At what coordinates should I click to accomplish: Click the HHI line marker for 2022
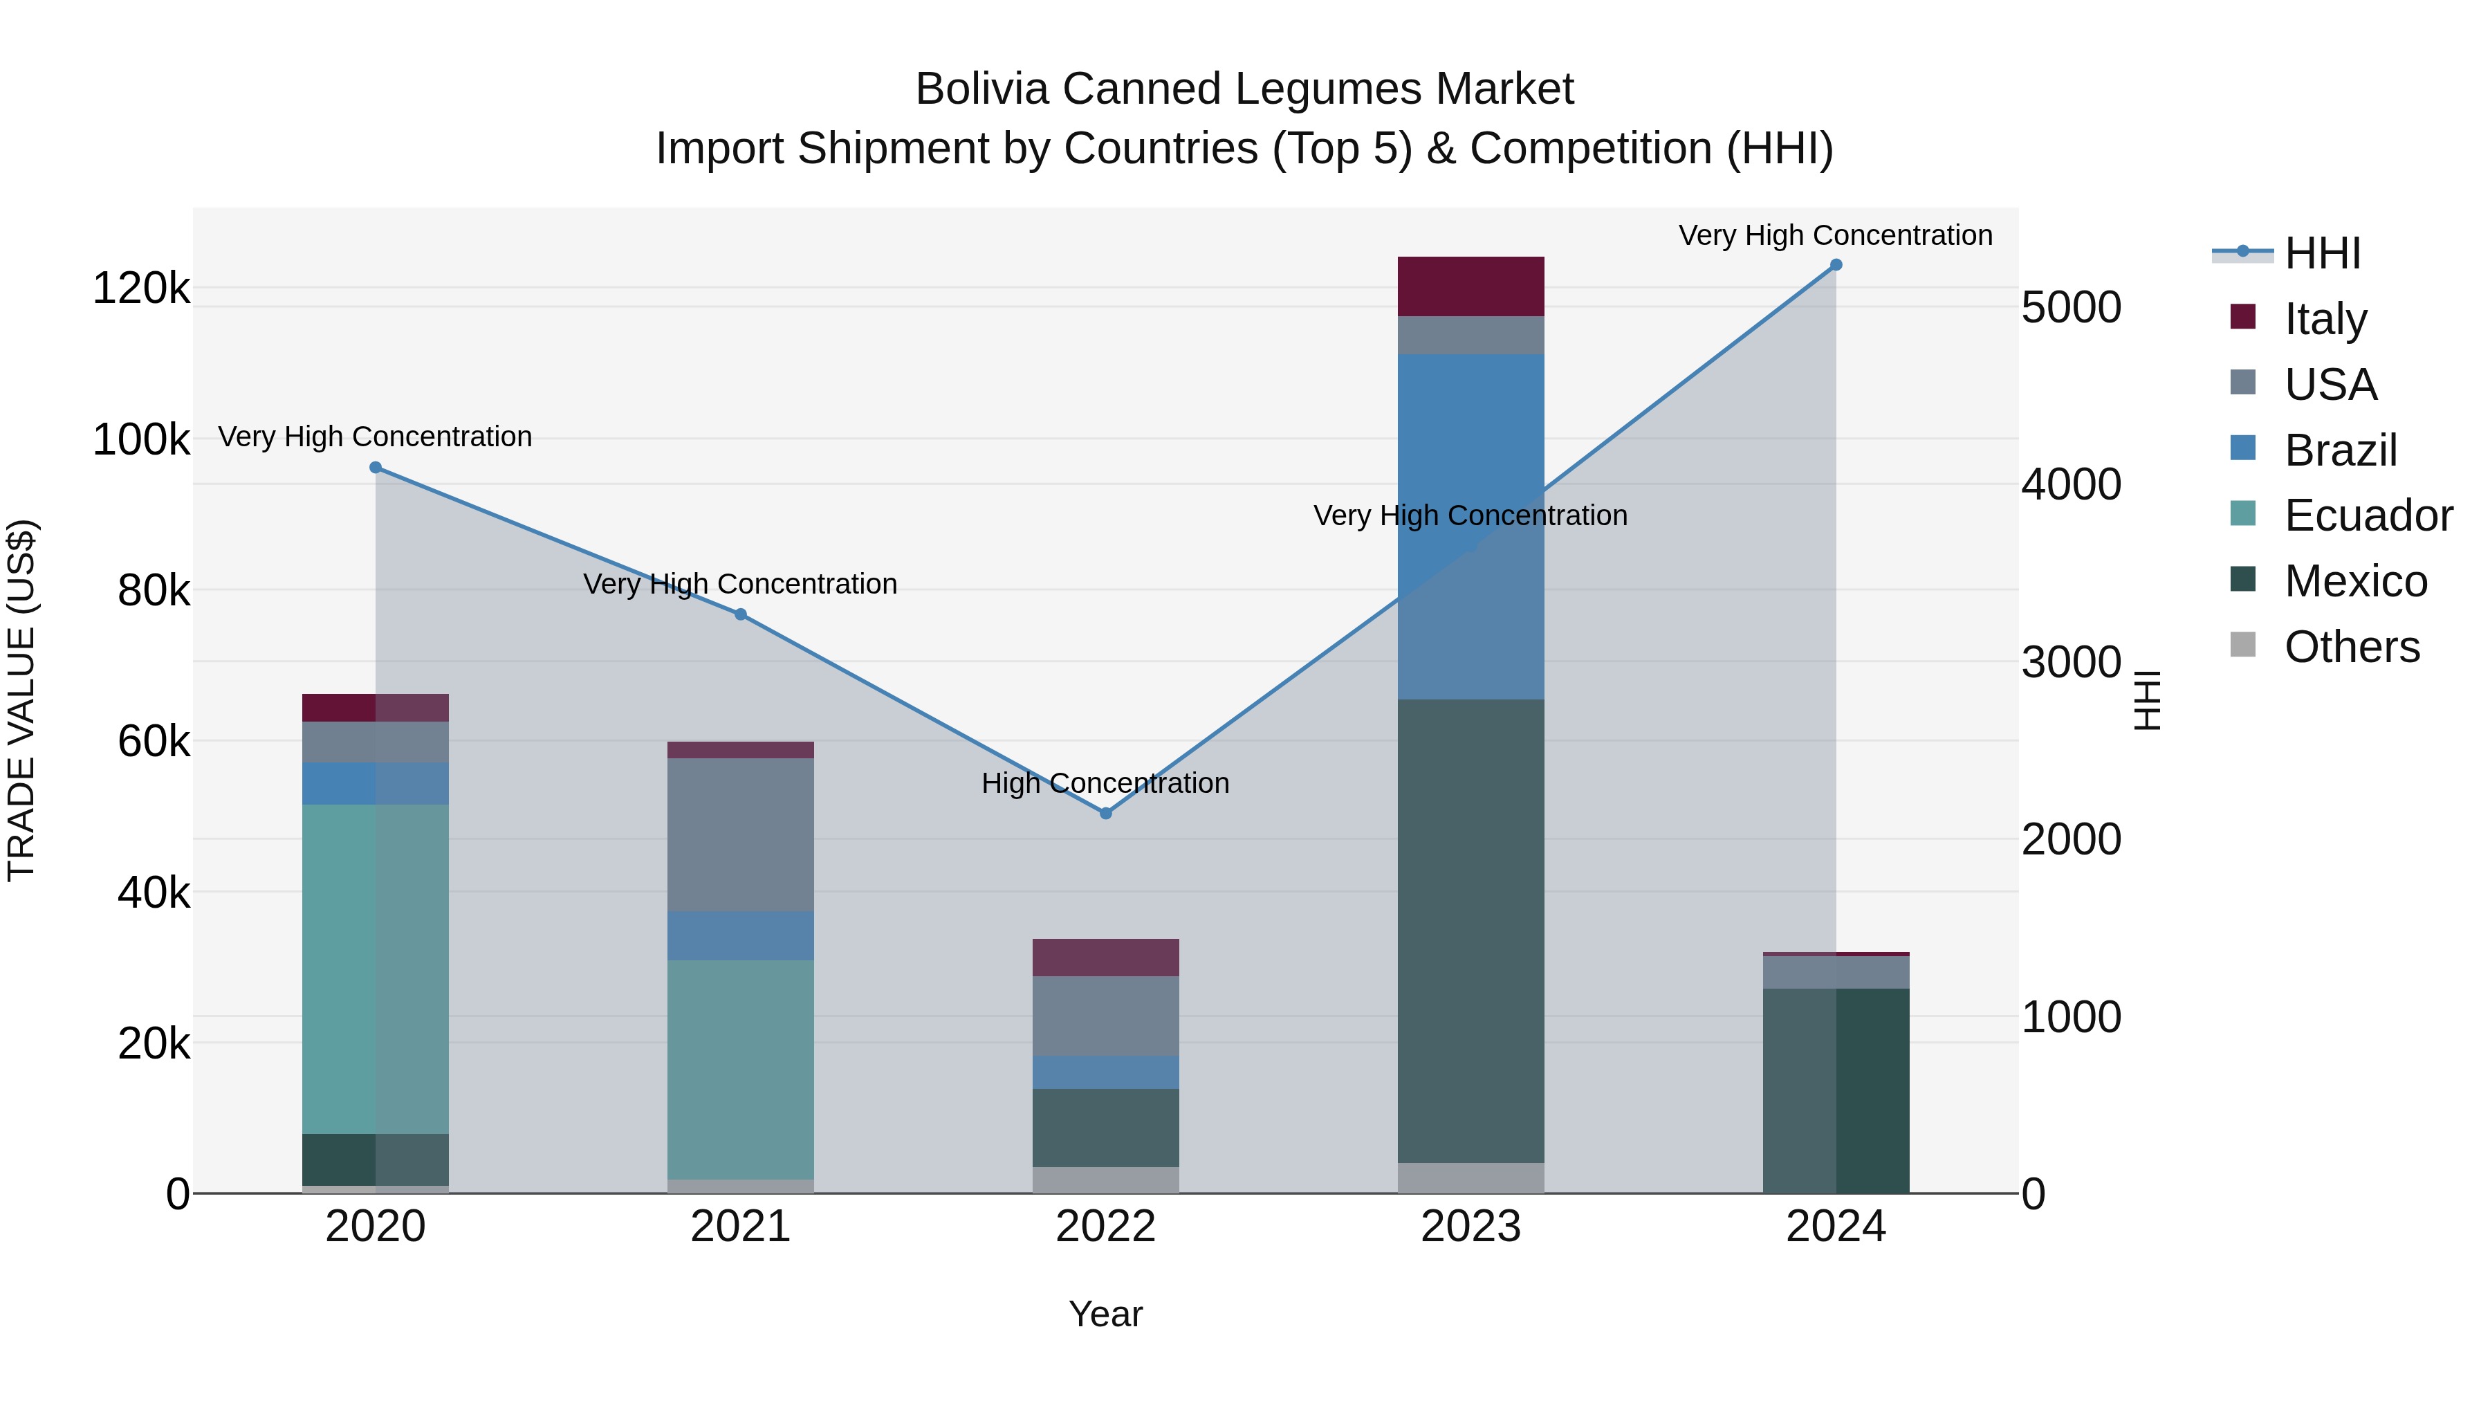point(1106,813)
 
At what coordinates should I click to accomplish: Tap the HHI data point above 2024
point(1836,265)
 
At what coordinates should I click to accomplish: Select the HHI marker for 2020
point(376,468)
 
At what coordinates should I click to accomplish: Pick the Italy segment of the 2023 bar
point(1470,286)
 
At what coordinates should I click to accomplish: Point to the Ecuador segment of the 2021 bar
point(740,1068)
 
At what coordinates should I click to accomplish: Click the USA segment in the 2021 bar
point(740,834)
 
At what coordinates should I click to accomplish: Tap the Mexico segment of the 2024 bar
point(1836,1090)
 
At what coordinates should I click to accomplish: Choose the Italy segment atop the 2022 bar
point(1106,958)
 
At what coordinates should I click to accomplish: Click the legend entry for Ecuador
point(2368,515)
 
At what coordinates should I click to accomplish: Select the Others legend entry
point(2351,647)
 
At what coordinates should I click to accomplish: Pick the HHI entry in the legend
point(2322,253)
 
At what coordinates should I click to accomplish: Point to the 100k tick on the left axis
point(141,440)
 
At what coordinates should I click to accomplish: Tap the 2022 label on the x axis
point(1106,1227)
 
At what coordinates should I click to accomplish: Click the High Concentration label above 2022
point(1106,783)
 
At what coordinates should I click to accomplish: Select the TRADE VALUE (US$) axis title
point(21,700)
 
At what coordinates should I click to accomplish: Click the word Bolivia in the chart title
point(982,89)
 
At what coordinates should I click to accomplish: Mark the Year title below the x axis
point(1106,1314)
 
